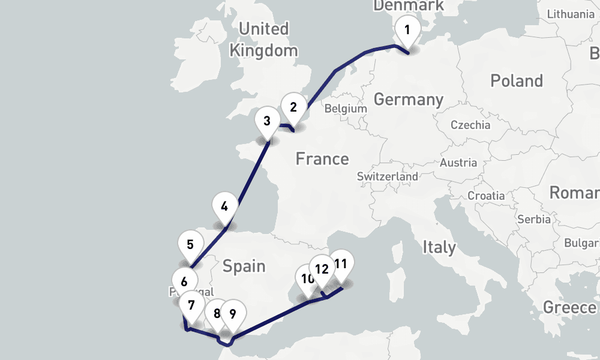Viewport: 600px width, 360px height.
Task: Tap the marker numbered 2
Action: pyautogui.click(x=293, y=107)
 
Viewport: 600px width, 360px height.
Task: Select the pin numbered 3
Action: pyautogui.click(x=267, y=120)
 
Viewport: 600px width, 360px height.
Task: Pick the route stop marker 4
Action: pyautogui.click(x=224, y=207)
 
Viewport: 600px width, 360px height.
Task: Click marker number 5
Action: pyautogui.click(x=190, y=245)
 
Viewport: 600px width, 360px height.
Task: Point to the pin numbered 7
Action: pyautogui.click(x=191, y=305)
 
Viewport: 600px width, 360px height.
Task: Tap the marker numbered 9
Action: pyautogui.click(x=233, y=313)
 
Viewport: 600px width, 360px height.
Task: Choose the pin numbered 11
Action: pyautogui.click(x=341, y=263)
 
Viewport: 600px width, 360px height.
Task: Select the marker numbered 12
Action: pyautogui.click(x=322, y=269)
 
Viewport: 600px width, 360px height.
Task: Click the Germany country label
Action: pyautogui.click(x=408, y=99)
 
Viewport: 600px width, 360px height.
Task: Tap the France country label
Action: pyautogui.click(x=322, y=159)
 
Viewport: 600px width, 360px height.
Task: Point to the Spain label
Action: pyautogui.click(x=244, y=265)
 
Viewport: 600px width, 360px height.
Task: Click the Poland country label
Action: pyautogui.click(x=516, y=81)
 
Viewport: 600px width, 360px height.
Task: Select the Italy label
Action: pyautogui.click(x=439, y=247)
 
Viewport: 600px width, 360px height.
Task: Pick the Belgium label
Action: pyautogui.click(x=345, y=109)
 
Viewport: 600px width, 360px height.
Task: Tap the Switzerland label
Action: pyautogui.click(x=387, y=177)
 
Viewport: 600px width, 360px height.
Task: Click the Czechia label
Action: pyautogui.click(x=470, y=125)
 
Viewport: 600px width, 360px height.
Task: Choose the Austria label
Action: pyautogui.click(x=458, y=163)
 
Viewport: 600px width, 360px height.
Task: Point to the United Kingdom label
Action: pyautogui.click(x=263, y=40)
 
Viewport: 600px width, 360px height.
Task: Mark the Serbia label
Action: pyautogui.click(x=533, y=219)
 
